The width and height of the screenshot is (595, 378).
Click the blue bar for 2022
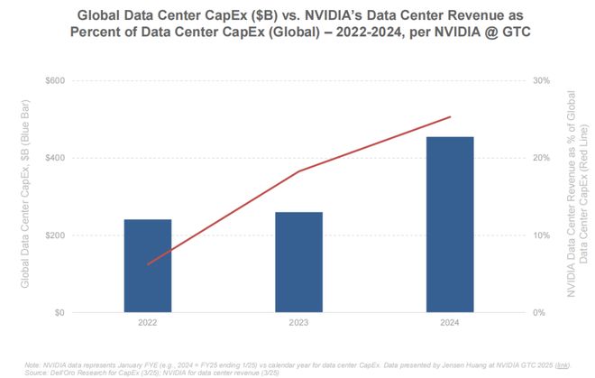[x=148, y=265]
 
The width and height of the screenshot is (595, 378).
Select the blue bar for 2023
[x=298, y=262]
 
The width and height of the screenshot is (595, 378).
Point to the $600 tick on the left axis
[x=56, y=80]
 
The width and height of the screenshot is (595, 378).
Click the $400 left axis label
[x=56, y=158]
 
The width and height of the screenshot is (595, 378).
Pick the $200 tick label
[x=56, y=235]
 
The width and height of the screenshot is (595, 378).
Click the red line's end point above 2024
[x=450, y=116]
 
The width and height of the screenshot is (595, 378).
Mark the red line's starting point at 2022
[x=148, y=264]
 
